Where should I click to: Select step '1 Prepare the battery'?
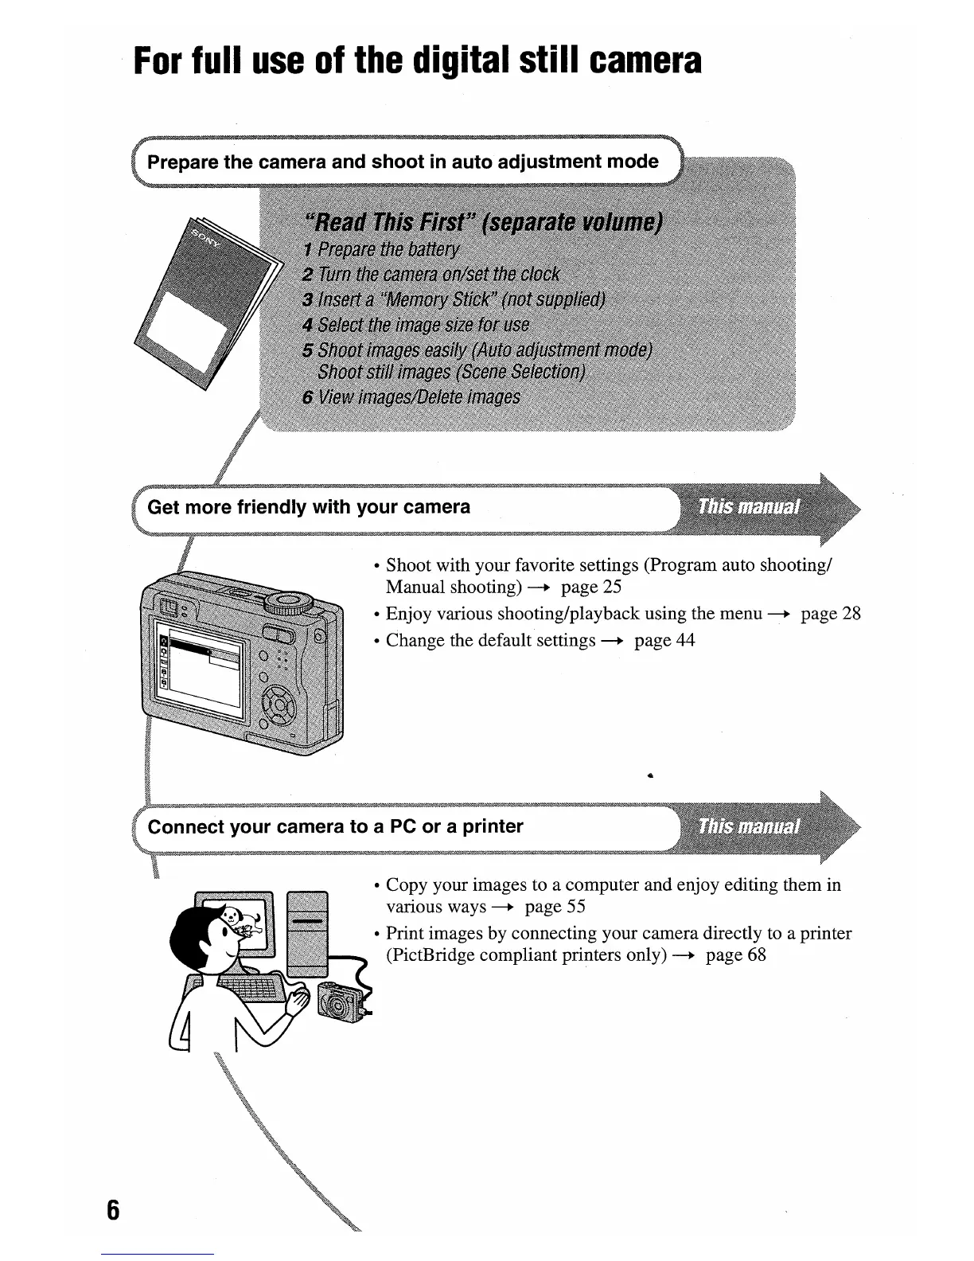[x=381, y=250]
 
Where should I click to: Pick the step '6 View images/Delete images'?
[x=411, y=396]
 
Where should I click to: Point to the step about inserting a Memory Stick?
[x=454, y=299]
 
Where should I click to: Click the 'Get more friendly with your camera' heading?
[x=309, y=507]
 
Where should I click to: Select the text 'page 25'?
[x=590, y=588]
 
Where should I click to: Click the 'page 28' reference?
[x=830, y=614]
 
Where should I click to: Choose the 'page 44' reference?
[x=664, y=641]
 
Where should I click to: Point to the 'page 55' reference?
[x=555, y=907]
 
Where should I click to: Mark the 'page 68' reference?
[x=735, y=955]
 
